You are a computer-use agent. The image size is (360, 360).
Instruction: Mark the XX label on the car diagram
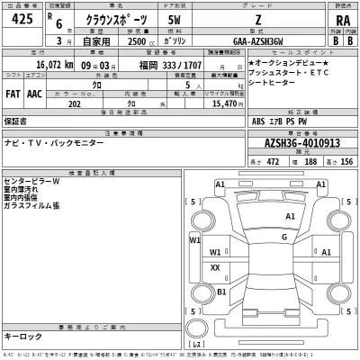215,267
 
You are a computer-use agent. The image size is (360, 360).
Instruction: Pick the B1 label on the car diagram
221,292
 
